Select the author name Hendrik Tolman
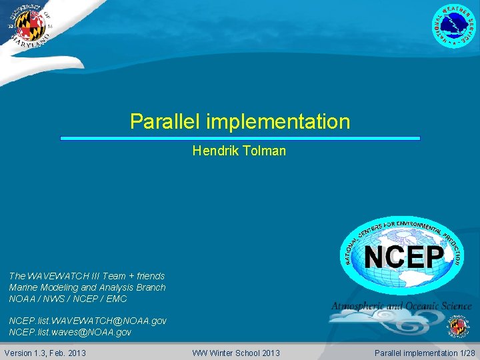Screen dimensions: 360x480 (239, 151)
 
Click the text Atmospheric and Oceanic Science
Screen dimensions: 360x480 (401, 306)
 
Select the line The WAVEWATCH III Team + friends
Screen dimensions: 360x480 (87, 276)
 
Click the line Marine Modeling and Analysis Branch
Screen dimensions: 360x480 (87, 287)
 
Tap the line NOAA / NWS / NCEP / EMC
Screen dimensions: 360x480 (67, 299)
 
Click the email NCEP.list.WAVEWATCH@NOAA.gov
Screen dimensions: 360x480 (87, 321)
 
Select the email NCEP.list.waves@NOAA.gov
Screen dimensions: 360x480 (70, 332)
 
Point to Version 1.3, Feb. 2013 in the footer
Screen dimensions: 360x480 (45, 353)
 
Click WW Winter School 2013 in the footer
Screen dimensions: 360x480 (236, 353)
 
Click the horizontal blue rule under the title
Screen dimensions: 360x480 (240, 138)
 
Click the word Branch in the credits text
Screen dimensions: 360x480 (150, 287)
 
